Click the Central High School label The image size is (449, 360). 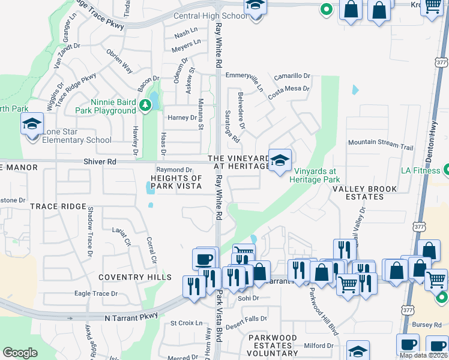coord(209,16)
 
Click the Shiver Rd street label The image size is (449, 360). coord(100,162)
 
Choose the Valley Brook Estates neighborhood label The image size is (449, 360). coord(365,193)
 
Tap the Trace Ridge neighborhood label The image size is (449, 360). coord(58,206)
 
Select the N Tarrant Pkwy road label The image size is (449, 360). coord(130,316)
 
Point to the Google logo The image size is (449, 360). coord(20,353)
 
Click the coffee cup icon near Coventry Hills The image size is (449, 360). coord(204,259)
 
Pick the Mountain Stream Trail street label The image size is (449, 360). coord(381,145)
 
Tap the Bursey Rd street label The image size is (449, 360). coord(427,325)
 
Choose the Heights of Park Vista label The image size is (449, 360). coord(176,182)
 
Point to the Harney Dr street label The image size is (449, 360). coord(182,118)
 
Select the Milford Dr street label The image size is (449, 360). coord(318,346)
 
